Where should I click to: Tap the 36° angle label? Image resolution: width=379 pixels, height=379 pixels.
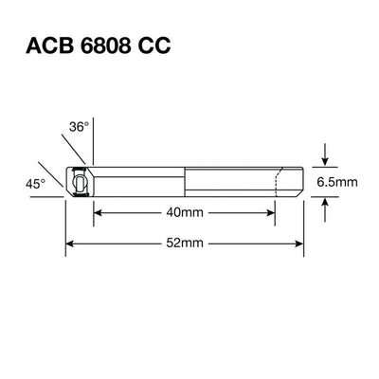(79, 125)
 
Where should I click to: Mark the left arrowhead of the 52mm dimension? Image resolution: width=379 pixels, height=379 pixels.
(69, 244)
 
